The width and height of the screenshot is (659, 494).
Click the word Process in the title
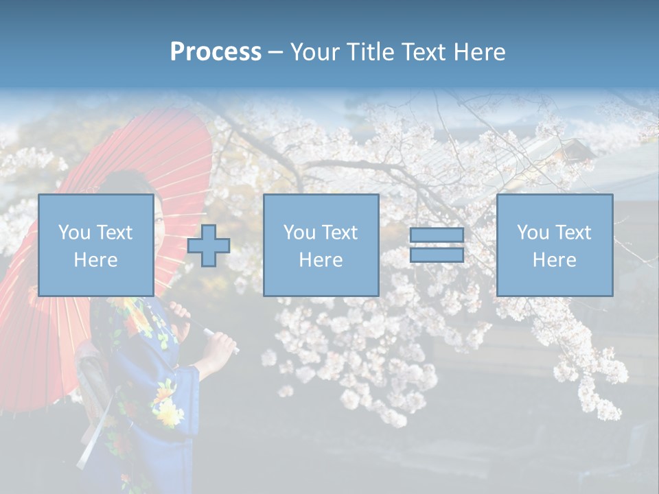coord(216,51)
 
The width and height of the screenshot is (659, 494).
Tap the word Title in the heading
coord(369,51)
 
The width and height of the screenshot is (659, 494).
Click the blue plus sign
coord(209,246)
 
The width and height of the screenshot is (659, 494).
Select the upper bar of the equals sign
coord(437,235)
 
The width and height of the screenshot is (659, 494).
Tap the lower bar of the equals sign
coord(437,255)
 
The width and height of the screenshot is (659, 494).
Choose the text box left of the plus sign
coord(95,245)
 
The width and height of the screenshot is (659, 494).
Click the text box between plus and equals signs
coord(321,245)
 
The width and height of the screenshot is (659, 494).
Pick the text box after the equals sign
coord(554,245)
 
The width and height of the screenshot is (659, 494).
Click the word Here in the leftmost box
coord(95,260)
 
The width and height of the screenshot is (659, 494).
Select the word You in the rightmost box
coord(533,233)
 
